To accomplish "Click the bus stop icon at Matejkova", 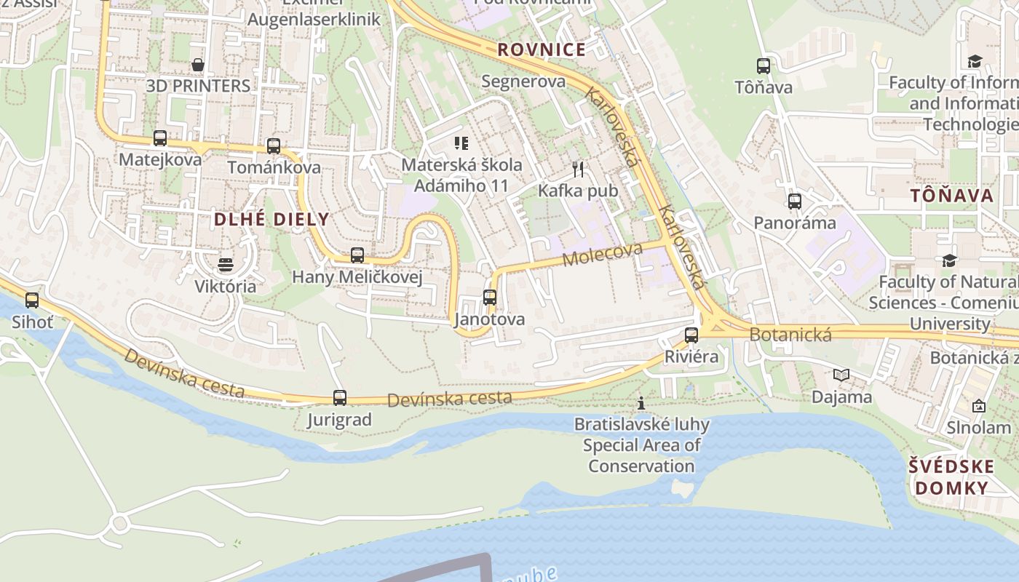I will click(x=159, y=138).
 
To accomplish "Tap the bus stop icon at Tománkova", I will click(x=274, y=146).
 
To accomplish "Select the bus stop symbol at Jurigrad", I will click(x=340, y=398).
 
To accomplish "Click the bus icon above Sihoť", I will click(x=32, y=300).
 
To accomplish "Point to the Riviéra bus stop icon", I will click(x=691, y=335).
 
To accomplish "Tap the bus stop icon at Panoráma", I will click(x=795, y=202).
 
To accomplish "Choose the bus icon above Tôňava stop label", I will click(x=764, y=66).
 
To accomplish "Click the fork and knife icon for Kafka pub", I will click(x=578, y=170).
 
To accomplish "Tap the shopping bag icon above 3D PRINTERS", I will click(x=198, y=65).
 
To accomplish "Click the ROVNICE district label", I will click(x=542, y=49).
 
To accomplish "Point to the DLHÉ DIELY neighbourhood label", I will click(x=271, y=219).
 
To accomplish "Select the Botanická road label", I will click(x=790, y=335).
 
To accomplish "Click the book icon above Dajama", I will click(x=841, y=375).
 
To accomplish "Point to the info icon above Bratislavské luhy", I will click(x=641, y=403).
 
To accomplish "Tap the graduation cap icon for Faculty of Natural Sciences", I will click(x=949, y=260).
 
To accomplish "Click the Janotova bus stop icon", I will click(x=490, y=298).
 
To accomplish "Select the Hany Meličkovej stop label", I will click(x=357, y=277).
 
